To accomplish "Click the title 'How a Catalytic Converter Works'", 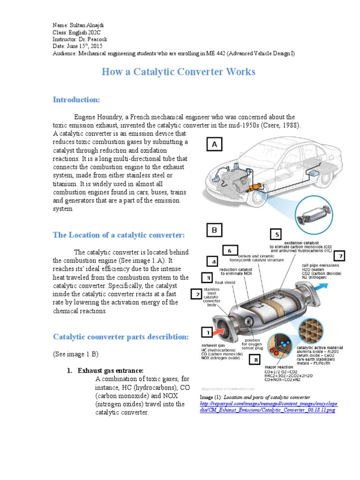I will click(179, 72).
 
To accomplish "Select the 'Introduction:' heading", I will click(76, 100).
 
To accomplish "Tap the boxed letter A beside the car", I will click(214, 145).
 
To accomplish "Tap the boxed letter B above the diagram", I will click(214, 230).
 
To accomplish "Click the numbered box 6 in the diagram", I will click(230, 251).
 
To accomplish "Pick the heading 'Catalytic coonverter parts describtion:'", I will click(121, 337).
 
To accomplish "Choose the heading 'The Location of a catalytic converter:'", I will click(119, 235).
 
